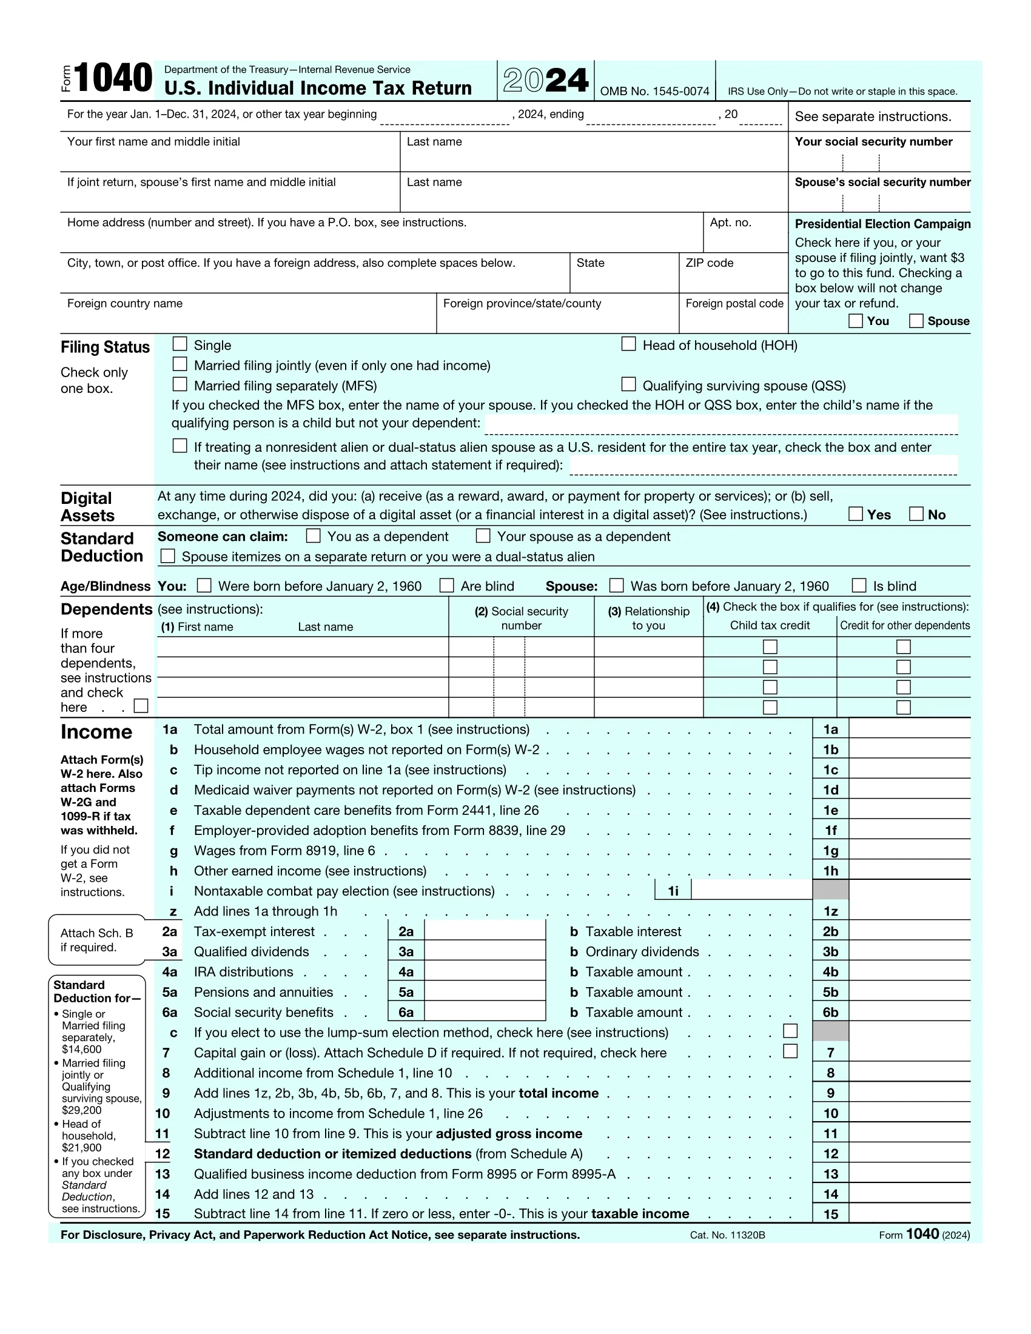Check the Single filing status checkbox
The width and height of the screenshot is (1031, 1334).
(x=180, y=344)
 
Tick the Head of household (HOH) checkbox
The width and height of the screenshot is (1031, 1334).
(x=628, y=344)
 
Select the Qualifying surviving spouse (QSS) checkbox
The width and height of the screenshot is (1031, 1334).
(x=628, y=384)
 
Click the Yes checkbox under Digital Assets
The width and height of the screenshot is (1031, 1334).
(x=856, y=514)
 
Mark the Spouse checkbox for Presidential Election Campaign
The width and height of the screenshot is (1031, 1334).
(x=916, y=321)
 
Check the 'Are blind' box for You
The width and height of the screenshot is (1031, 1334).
(x=447, y=585)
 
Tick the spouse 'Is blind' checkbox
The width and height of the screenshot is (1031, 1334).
(x=859, y=585)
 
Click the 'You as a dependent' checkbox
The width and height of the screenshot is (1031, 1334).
(x=314, y=535)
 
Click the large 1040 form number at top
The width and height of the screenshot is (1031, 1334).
(x=112, y=78)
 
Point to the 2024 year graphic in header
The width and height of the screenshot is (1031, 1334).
(x=545, y=80)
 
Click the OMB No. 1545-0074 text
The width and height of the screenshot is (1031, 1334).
(x=654, y=92)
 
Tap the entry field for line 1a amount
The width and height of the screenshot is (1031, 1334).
(x=909, y=729)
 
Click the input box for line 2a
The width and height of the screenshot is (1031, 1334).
(x=485, y=931)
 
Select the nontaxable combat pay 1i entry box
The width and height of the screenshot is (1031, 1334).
(x=751, y=890)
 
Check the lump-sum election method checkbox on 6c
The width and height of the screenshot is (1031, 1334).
(x=790, y=1031)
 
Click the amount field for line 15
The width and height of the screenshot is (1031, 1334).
(x=909, y=1213)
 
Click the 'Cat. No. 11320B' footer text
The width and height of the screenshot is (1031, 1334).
(x=727, y=1235)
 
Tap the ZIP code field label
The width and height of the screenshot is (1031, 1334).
(x=709, y=263)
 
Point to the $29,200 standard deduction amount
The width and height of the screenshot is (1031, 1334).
(x=81, y=1110)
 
